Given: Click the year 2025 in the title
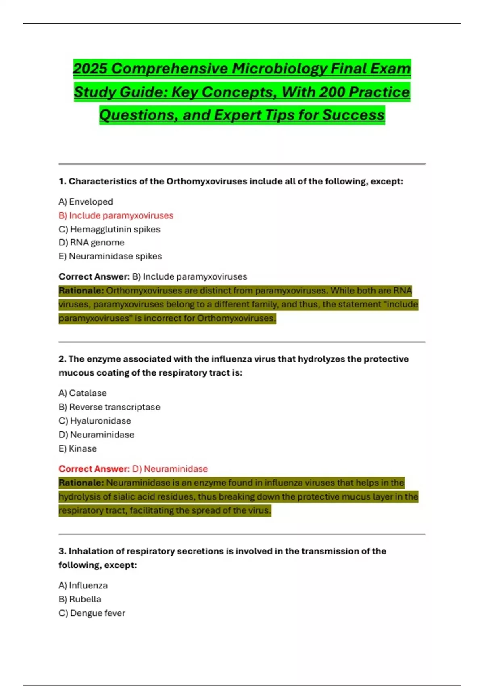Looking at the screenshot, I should (x=90, y=69).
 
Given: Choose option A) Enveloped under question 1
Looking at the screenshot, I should (x=86, y=202).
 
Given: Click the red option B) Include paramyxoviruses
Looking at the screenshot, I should (x=116, y=215).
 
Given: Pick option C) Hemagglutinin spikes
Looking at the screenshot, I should (x=109, y=229).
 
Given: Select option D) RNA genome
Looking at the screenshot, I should (x=92, y=243).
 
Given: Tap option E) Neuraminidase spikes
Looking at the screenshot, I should (x=110, y=256).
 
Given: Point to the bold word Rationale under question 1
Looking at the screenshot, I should (x=81, y=291).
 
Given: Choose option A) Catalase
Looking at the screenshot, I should (x=83, y=393).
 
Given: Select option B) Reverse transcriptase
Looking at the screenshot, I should (x=109, y=407).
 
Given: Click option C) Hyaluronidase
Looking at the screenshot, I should (x=95, y=421).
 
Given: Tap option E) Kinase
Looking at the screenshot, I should (x=78, y=448).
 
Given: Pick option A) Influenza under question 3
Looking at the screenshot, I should (x=83, y=586).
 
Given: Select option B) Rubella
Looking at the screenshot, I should (x=80, y=599).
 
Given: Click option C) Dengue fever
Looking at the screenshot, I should (x=92, y=613).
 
